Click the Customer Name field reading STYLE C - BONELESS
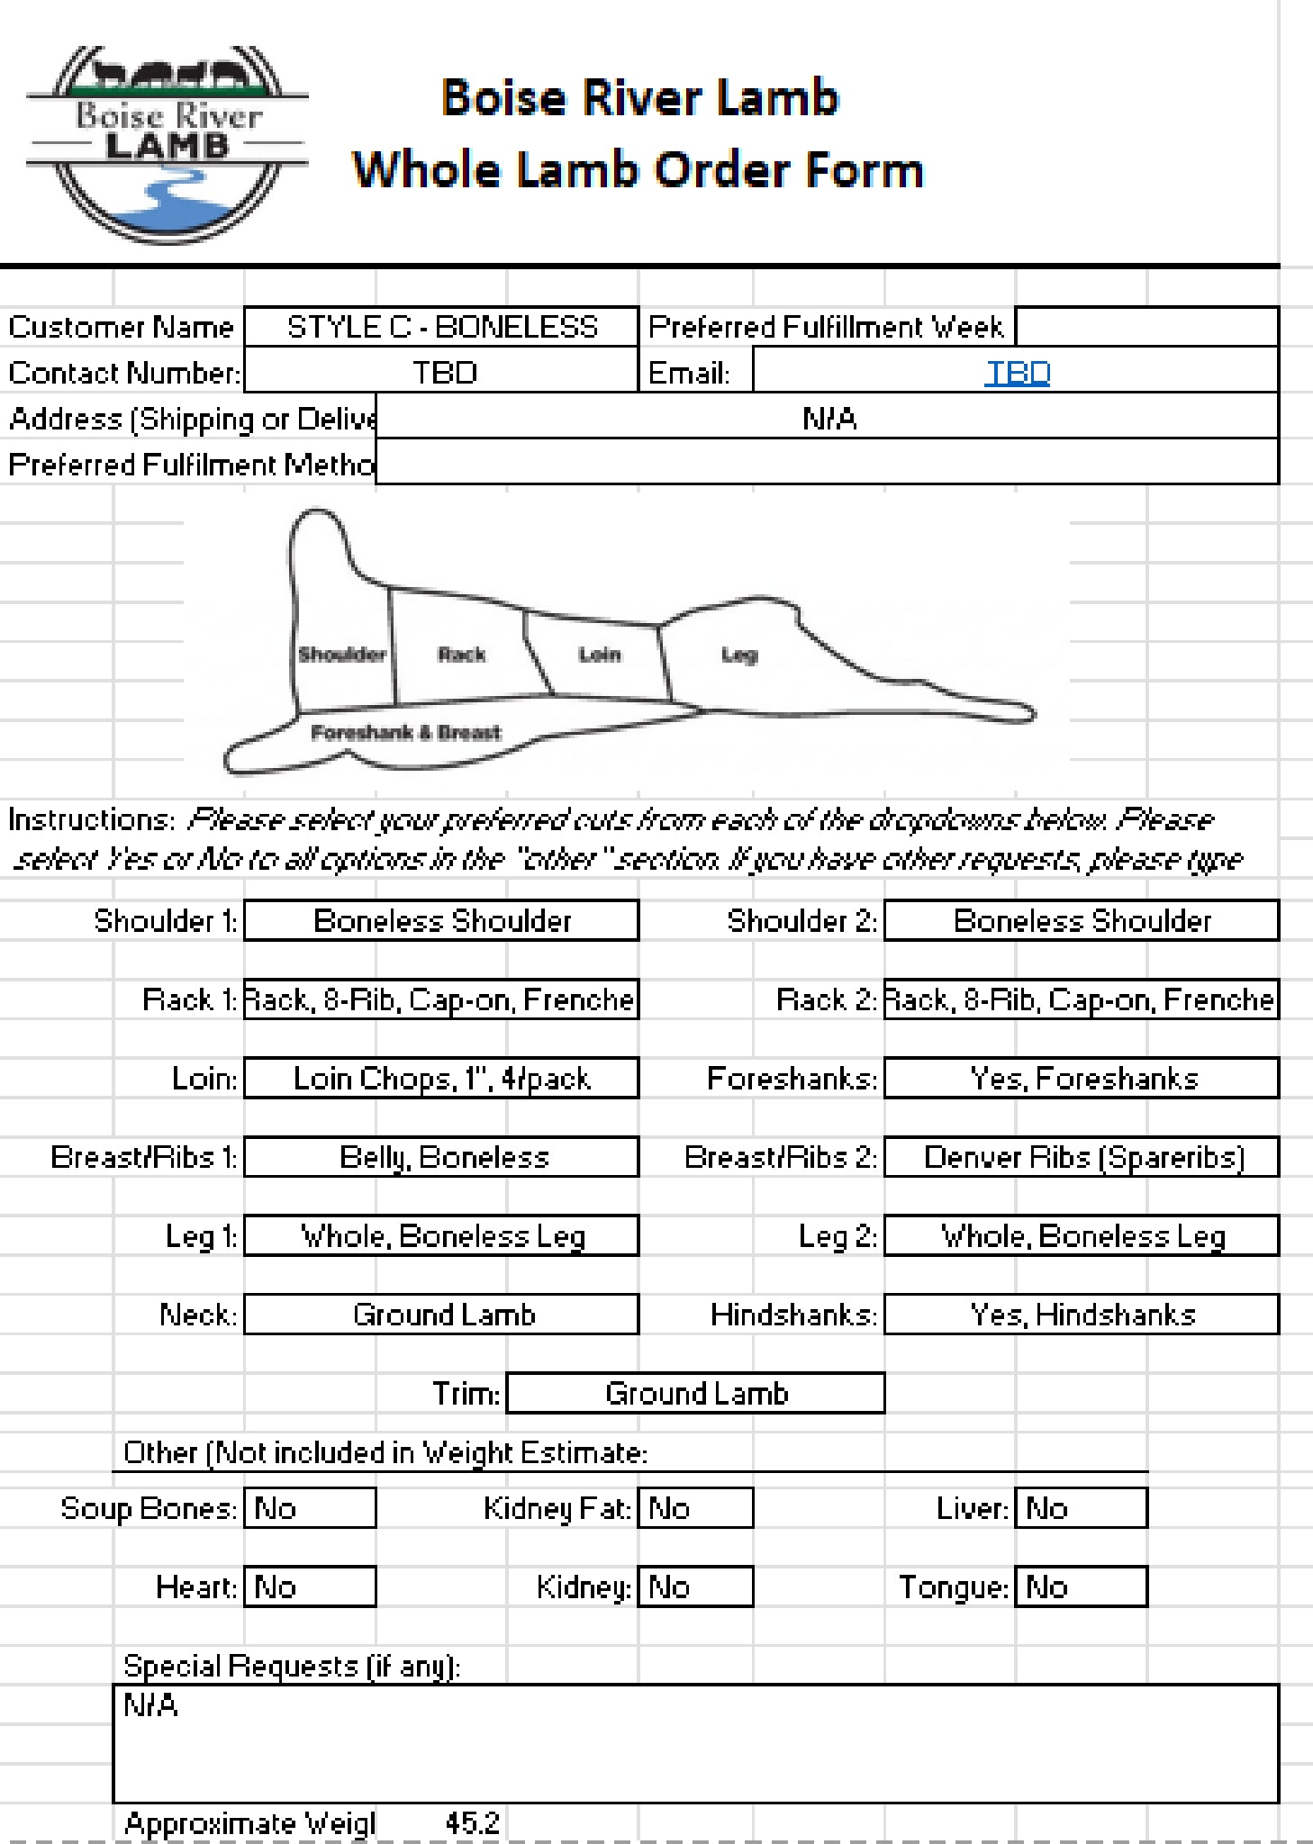click(441, 327)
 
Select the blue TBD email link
click(1018, 373)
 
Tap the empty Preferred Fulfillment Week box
click(1145, 327)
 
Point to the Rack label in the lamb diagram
click(461, 655)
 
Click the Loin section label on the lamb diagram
click(600, 655)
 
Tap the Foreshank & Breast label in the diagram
click(405, 732)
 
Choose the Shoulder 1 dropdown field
click(441, 921)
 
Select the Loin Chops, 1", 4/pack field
click(441, 1079)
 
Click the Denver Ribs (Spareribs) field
click(1082, 1158)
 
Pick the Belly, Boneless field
click(441, 1158)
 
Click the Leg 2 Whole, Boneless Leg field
click(1082, 1236)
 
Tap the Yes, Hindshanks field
click(1082, 1315)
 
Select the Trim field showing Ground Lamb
click(695, 1394)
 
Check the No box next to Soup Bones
click(310, 1508)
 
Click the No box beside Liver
click(1081, 1508)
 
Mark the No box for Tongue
click(1081, 1587)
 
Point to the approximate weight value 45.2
click(472, 1823)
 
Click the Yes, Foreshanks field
click(1082, 1079)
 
